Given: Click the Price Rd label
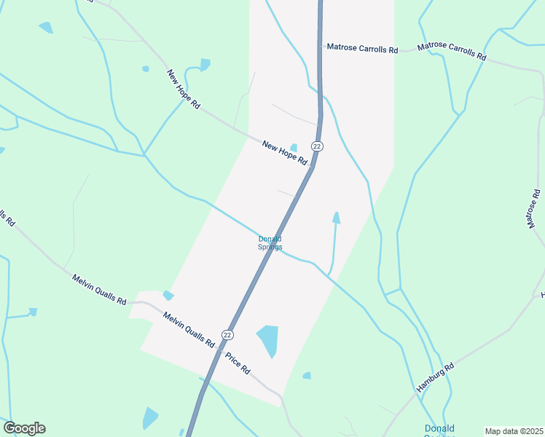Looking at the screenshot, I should pyautogui.click(x=238, y=363).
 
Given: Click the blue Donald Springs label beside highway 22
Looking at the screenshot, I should pyautogui.click(x=270, y=243).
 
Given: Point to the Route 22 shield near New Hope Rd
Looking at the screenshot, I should pyautogui.click(x=316, y=146).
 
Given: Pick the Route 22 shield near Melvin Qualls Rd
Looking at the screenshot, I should pyautogui.click(x=228, y=335).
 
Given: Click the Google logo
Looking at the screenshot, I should pyautogui.click(x=24, y=428).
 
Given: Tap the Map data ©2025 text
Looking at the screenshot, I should pyautogui.click(x=514, y=431).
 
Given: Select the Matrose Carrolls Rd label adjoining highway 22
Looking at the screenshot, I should pyautogui.click(x=362, y=48).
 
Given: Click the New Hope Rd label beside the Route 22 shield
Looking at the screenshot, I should pyautogui.click(x=284, y=152).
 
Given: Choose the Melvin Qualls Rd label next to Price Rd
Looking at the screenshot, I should pyautogui.click(x=188, y=329).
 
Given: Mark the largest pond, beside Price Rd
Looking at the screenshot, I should pyautogui.click(x=267, y=340).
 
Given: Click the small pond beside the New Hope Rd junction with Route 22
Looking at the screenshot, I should pyautogui.click(x=294, y=147).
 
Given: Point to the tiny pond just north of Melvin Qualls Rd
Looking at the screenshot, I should pyautogui.click(x=168, y=295).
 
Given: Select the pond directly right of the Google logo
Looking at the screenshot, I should pyautogui.click(x=150, y=418).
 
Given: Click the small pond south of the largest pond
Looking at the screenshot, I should pyautogui.click(x=307, y=376).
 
